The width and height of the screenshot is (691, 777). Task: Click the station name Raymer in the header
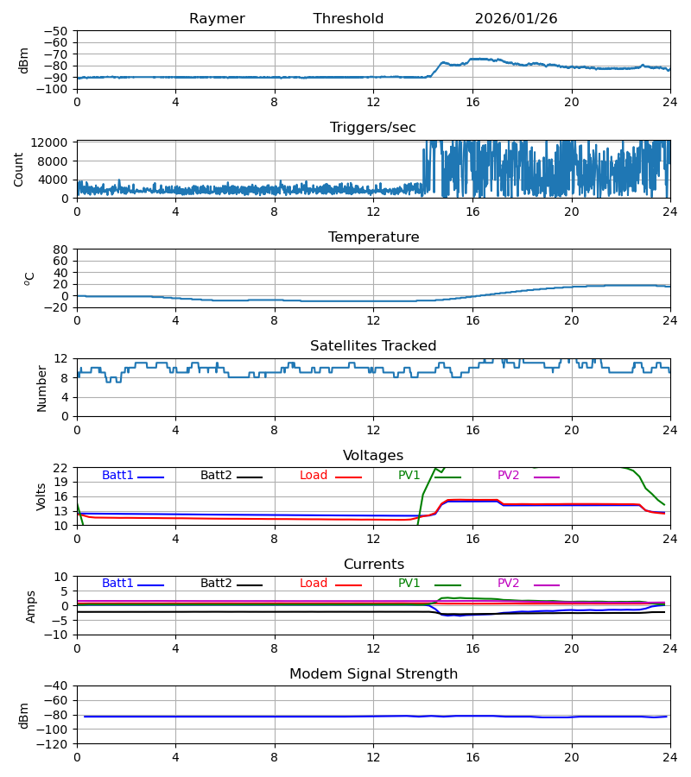coord(217,19)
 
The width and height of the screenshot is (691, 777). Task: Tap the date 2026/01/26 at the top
coord(516,19)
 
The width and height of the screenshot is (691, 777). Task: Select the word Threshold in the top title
coord(348,19)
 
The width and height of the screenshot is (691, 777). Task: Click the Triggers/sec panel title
coord(373,128)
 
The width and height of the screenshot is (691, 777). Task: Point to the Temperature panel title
coord(373,237)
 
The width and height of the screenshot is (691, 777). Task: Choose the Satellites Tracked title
coord(373,346)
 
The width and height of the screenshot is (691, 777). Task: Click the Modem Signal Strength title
coord(373,674)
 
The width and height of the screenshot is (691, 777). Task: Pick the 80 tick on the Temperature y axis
coord(60,250)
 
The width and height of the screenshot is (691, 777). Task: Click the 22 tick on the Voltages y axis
coord(60,468)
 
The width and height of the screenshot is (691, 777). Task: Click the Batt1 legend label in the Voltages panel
coord(117,476)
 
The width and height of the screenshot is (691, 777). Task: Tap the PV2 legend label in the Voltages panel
coord(509,476)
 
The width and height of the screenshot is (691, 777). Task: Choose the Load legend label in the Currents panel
coord(314,584)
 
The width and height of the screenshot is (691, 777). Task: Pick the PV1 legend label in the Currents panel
coord(409,584)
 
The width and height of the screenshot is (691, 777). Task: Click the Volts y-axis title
coord(41,496)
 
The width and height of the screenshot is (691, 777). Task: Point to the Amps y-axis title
coord(31,606)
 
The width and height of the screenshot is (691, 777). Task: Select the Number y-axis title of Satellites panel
coord(41,388)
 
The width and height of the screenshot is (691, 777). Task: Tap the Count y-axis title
coord(19,169)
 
